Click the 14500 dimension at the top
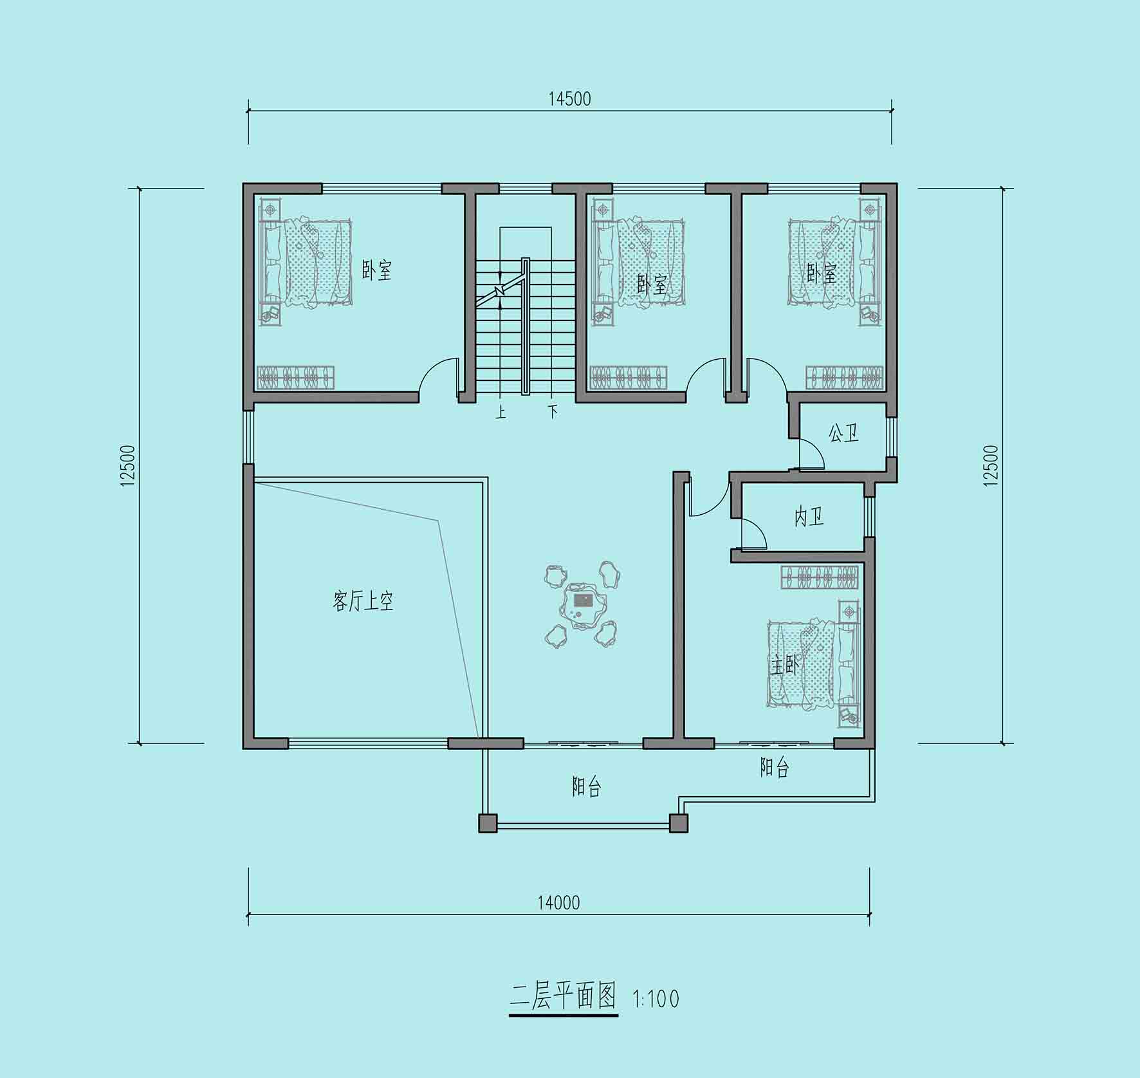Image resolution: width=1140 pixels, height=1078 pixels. coord(569,99)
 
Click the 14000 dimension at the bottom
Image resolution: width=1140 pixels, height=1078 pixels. coord(558,903)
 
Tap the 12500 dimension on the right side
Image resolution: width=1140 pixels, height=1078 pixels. coord(991,465)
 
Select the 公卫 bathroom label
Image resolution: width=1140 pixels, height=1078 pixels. coord(843,433)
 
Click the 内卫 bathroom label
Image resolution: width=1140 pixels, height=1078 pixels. coord(809,516)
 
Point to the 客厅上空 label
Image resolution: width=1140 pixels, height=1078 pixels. coord(363,601)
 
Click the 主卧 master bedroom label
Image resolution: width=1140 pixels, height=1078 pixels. coord(785,665)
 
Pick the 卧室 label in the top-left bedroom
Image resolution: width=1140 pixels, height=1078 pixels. coord(376,271)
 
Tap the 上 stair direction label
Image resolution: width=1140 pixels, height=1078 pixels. coord(501,411)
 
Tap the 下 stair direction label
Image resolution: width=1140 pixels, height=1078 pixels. coord(553,411)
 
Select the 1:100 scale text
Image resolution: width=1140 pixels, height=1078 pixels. coord(656,999)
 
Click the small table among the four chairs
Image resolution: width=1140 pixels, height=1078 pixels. coord(583,604)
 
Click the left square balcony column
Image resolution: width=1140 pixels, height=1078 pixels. coord(488,823)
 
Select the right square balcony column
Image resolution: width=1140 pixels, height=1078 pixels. coord(679,823)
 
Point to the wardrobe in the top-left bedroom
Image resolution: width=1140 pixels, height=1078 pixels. coord(296,377)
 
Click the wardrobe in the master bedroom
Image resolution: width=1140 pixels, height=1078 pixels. coord(820,577)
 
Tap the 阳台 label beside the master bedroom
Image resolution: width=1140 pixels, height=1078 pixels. coord(774,768)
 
